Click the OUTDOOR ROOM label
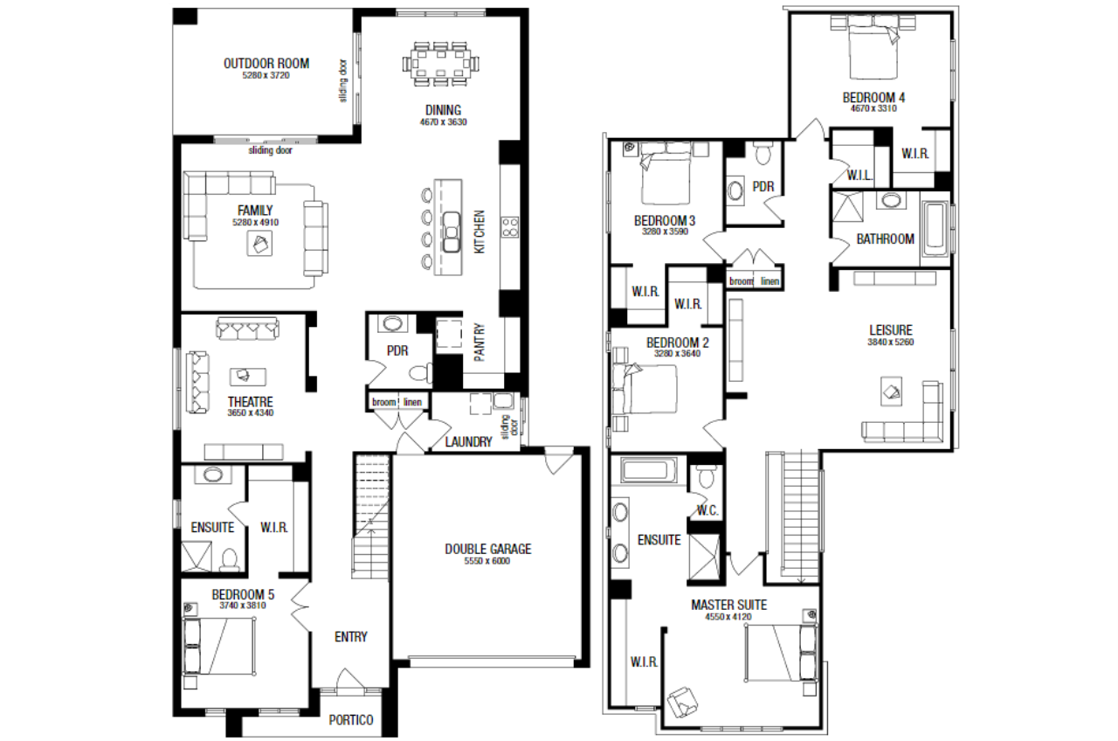point(266,64)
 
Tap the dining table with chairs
point(440,65)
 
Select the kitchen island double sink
point(452,232)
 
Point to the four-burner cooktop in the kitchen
point(510,227)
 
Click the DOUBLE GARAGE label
point(488,550)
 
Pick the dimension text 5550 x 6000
point(487,561)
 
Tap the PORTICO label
point(351,719)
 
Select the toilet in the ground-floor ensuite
point(230,560)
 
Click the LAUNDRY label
point(468,442)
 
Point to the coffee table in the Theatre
point(247,376)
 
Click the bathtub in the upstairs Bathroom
point(935,229)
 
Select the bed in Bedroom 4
point(873,46)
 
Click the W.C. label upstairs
point(707,510)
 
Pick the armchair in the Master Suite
point(682,702)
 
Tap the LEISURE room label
point(891,330)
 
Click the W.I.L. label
point(859,176)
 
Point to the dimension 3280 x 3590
point(665,232)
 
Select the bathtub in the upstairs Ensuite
point(645,470)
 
